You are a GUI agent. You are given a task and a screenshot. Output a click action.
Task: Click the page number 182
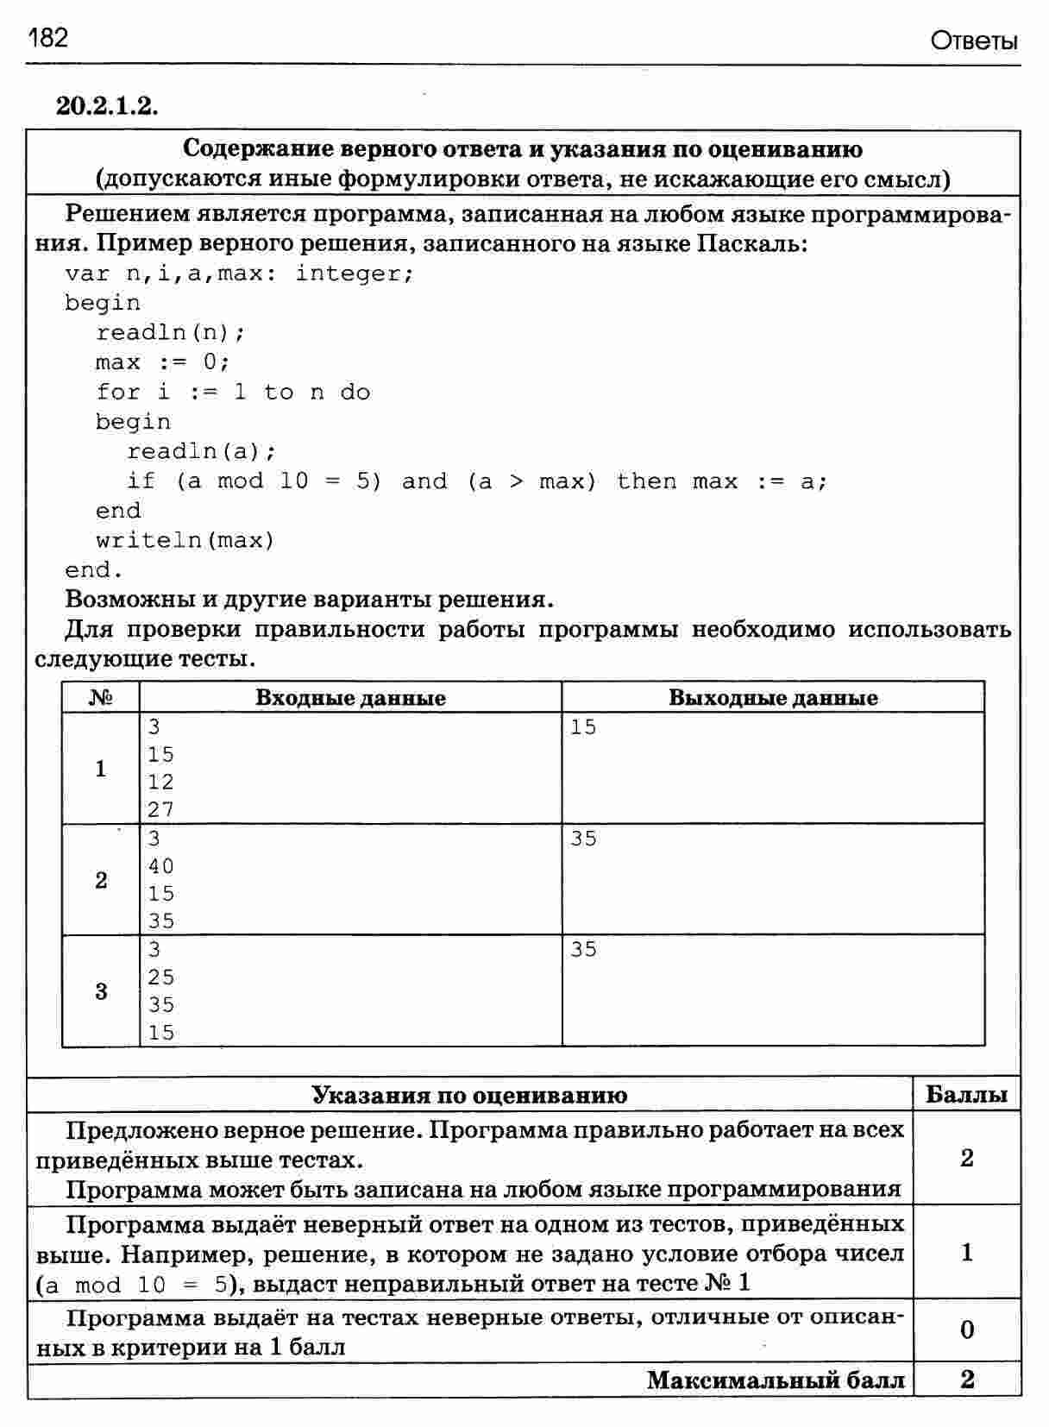[47, 37]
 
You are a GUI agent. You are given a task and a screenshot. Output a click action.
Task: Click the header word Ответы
[974, 41]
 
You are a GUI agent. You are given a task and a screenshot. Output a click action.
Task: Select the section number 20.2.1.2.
[108, 105]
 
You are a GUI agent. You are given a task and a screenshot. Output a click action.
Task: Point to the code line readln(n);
[171, 332]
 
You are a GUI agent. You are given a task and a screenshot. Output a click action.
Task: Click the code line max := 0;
[163, 361]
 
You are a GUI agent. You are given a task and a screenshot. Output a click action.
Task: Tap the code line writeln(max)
[185, 540]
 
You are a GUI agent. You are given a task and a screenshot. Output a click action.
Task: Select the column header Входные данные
[350, 698]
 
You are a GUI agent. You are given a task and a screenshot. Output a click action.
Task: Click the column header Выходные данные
[773, 698]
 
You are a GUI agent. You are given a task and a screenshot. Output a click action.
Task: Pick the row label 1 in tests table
[101, 768]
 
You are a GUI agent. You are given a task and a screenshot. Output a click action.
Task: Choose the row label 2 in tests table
[101, 880]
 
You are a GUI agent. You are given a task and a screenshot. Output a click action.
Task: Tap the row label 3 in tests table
[101, 991]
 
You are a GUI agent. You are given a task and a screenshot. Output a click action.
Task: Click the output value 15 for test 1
[583, 727]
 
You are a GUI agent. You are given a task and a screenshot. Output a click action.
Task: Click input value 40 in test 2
[161, 866]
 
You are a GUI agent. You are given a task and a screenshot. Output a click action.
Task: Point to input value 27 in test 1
[161, 809]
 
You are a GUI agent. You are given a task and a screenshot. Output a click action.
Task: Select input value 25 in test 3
[161, 978]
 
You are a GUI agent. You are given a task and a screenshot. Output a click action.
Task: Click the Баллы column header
[966, 1095]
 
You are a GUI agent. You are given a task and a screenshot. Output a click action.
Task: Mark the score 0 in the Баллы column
[966, 1330]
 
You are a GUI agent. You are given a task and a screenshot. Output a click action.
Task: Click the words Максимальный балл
[776, 1380]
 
